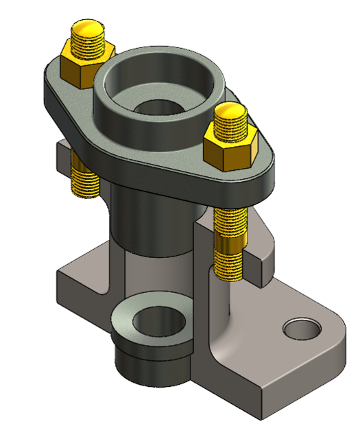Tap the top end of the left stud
click(88, 29)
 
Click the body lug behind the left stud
click(62, 161)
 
